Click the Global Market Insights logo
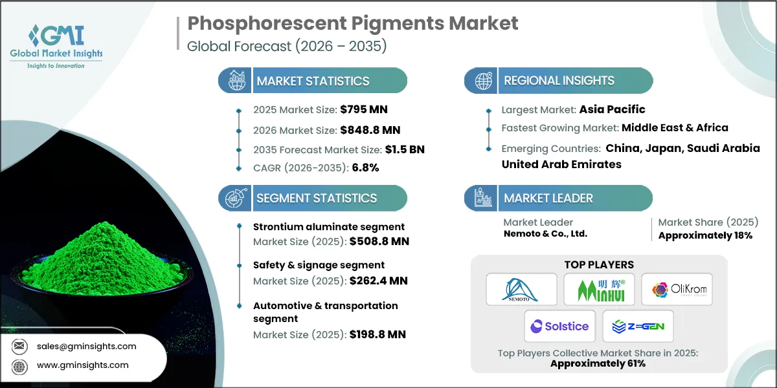(56, 45)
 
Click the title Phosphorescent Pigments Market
(353, 24)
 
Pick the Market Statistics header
(313, 81)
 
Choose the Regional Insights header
(559, 81)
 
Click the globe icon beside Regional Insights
(483, 81)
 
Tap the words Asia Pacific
(612, 109)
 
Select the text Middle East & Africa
(675, 127)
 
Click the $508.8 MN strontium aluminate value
(379, 241)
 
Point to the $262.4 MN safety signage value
(379, 281)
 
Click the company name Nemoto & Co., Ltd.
(545, 233)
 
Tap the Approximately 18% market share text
(705, 235)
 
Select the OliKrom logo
(677, 289)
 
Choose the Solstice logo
(559, 326)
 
